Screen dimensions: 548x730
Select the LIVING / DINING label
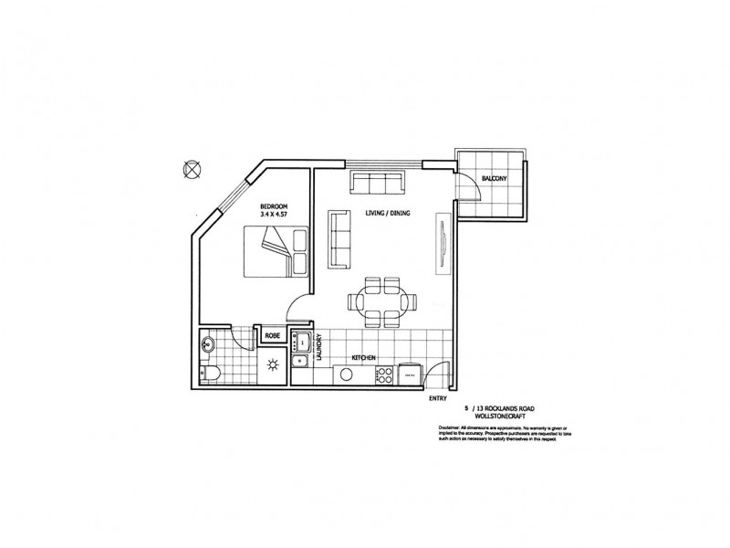coord(385,212)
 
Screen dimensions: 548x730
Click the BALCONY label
coord(494,179)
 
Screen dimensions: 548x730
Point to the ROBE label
coord(272,336)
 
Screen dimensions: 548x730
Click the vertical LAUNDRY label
coord(319,350)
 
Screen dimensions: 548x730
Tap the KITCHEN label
coord(362,358)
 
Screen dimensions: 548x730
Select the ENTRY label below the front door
coord(438,398)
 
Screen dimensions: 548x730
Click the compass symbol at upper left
coord(192,168)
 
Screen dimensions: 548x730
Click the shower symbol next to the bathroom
coord(271,365)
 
